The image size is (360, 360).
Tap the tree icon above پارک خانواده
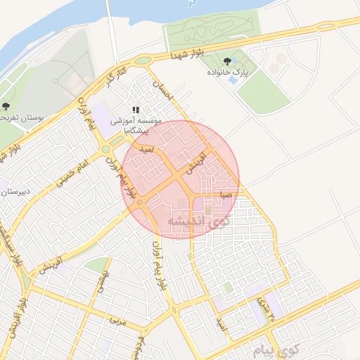coord(226,62)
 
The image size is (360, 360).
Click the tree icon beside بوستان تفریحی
coord(6,108)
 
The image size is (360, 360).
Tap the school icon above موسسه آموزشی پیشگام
coord(136,110)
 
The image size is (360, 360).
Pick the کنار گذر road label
coord(115,79)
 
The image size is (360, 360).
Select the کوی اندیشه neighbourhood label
coord(199,221)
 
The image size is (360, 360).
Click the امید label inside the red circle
coord(147,150)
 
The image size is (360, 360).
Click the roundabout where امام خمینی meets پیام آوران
coord(106,148)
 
